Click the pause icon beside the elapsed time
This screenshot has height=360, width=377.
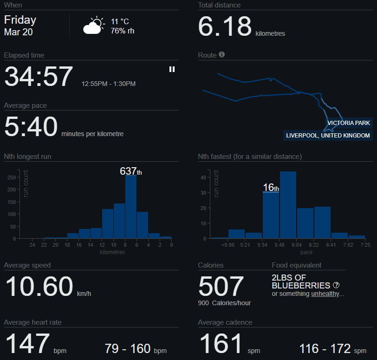click(172, 69)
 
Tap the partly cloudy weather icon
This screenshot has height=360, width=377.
click(93, 26)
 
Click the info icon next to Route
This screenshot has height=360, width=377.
click(221, 55)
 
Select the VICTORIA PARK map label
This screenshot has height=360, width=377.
click(349, 123)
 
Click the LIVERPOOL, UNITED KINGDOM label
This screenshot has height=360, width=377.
click(328, 136)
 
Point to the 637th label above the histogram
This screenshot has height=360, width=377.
click(130, 171)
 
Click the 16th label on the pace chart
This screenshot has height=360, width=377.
click(271, 188)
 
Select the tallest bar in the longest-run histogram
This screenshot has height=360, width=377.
click(131, 207)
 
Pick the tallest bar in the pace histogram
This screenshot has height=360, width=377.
click(288, 205)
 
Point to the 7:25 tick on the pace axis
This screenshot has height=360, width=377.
click(365, 245)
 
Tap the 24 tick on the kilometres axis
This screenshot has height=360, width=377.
click(32, 245)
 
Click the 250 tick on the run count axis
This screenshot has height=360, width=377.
click(12, 177)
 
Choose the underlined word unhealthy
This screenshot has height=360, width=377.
click(325, 294)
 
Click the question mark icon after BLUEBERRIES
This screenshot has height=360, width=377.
click(336, 285)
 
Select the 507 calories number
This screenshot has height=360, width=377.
click(221, 286)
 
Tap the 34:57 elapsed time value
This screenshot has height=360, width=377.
click(39, 77)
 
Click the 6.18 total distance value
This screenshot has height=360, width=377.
click(225, 26)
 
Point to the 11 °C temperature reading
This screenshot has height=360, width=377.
click(119, 22)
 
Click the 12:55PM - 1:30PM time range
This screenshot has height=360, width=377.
click(109, 84)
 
